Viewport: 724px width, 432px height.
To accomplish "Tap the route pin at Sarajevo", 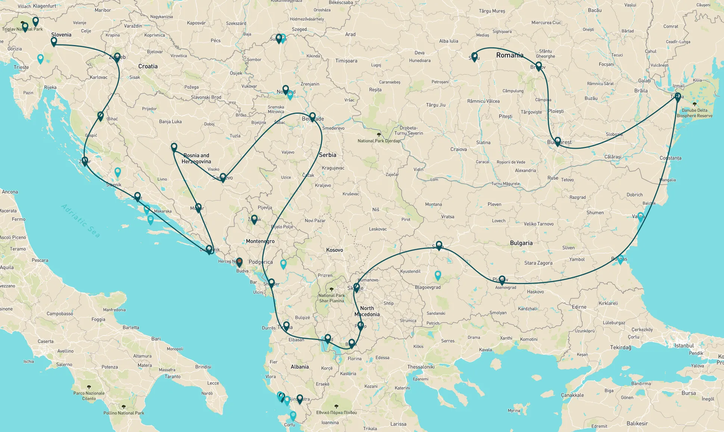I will [x=223, y=177].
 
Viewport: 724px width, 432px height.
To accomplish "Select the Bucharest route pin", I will [x=558, y=141].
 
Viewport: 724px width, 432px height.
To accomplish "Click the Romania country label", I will [x=509, y=55].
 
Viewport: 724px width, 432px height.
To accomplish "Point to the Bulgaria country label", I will [x=521, y=243].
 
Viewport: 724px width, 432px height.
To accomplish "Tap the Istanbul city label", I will [x=684, y=346].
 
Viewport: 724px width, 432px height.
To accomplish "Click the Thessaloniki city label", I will [x=421, y=367].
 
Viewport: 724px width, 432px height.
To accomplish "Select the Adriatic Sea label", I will [x=81, y=221].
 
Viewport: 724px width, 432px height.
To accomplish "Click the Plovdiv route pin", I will [x=502, y=280].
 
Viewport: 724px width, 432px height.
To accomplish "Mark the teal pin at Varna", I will [x=640, y=216].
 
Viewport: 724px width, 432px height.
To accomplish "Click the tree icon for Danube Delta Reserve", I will [x=694, y=104].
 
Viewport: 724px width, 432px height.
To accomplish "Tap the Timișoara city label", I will [x=346, y=61].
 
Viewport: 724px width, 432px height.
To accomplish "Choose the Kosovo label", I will [x=334, y=250].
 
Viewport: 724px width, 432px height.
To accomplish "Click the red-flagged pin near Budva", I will [x=239, y=262].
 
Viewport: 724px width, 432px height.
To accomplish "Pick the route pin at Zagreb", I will [x=117, y=57].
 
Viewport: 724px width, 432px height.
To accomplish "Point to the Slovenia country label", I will [x=61, y=35].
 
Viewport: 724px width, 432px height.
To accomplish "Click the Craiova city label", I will [x=458, y=149].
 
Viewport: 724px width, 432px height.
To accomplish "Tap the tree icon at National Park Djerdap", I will [x=379, y=135].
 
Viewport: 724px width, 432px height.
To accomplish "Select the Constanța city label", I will [x=670, y=158].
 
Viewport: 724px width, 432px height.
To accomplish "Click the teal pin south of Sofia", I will [x=438, y=275].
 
